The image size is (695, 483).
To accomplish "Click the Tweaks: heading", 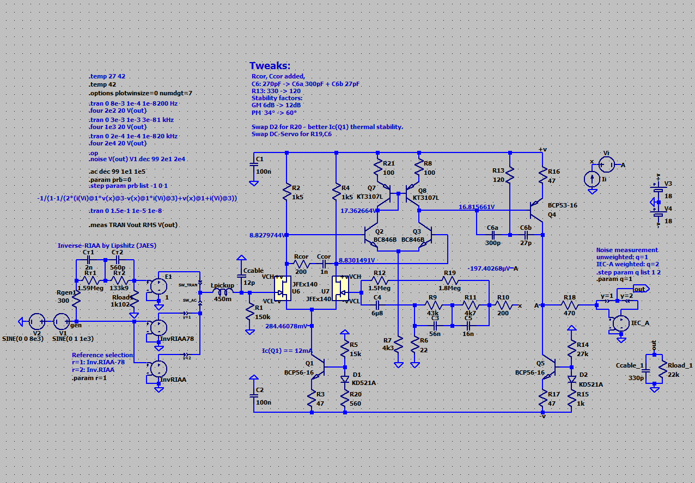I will (x=270, y=66).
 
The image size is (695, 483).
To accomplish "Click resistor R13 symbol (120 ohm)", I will (x=510, y=175).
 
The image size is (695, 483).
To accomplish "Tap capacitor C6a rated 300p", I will (x=493, y=235).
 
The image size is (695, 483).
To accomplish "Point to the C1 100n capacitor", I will (x=254, y=166).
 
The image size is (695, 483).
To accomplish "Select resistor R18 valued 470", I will (x=569, y=305).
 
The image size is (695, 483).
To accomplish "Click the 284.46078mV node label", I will (x=286, y=326).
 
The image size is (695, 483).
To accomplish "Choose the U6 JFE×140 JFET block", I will (x=282, y=288).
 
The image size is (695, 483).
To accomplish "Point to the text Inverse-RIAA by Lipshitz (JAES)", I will (x=107, y=246).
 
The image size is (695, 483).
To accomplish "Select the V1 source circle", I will (x=61, y=321).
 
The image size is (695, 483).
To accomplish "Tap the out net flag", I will (x=640, y=289).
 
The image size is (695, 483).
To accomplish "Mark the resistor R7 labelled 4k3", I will (x=399, y=345).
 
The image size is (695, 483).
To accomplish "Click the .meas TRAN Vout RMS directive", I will (x=133, y=225).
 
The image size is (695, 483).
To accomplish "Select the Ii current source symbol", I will (x=592, y=179).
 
